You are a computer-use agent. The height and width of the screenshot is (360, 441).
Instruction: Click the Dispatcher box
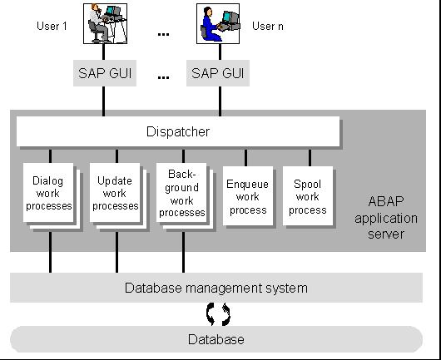(178, 131)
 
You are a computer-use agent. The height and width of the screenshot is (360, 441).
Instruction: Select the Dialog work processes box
(48, 194)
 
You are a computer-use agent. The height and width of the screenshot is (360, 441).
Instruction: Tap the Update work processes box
(115, 193)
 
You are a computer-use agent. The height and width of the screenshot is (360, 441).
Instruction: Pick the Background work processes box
(181, 193)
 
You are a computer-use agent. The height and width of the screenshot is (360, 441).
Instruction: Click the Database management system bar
(216, 288)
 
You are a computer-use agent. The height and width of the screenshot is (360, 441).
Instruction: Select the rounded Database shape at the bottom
(216, 339)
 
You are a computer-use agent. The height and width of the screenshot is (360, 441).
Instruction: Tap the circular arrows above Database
(218, 314)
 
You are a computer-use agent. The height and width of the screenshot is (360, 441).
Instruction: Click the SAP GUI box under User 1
(102, 72)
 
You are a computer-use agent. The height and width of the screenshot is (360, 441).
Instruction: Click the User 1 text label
(51, 27)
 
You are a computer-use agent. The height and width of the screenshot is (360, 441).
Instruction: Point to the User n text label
(268, 27)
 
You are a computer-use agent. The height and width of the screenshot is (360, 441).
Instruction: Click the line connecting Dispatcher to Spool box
(310, 156)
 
